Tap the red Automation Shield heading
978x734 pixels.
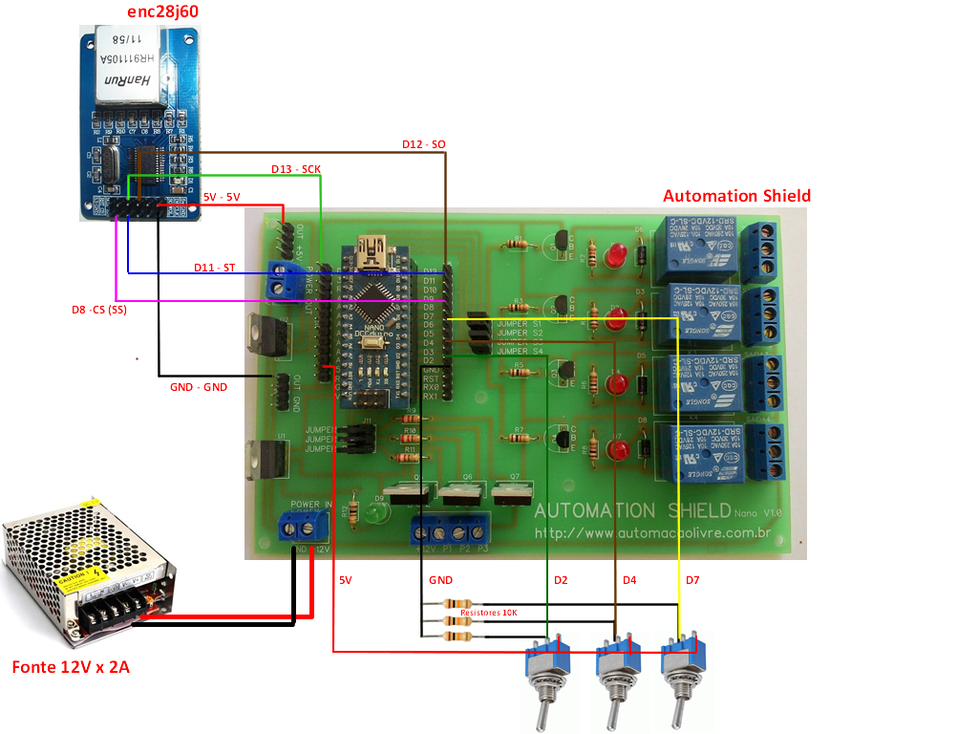click(736, 195)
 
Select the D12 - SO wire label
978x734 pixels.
click(423, 144)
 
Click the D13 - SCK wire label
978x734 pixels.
click(296, 169)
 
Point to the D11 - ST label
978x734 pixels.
click(214, 268)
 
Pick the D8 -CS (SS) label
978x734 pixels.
click(99, 310)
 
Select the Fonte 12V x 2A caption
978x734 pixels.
click(71, 667)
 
